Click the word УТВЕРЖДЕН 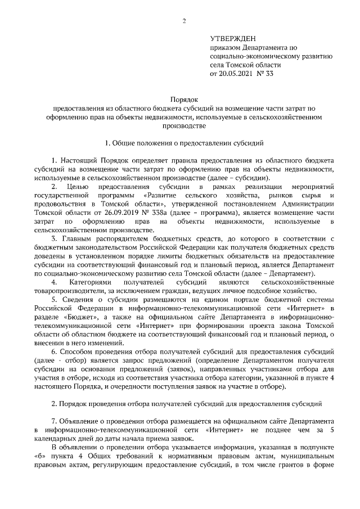tap(232, 39)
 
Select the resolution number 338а tap(163, 213)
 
